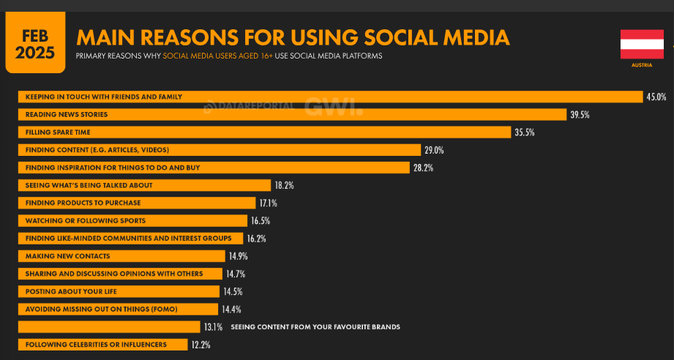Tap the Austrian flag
(641, 44)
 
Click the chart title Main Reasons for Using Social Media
(293, 37)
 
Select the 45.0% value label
(656, 97)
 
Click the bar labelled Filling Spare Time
(263, 132)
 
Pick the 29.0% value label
(434, 150)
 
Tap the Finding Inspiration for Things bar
(213, 168)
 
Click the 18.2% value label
(284, 185)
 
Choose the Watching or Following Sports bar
(132, 220)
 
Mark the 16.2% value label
(256, 239)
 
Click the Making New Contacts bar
(121, 256)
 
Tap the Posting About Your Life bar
(118, 291)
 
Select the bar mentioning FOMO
(117, 309)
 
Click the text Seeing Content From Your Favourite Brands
(315, 326)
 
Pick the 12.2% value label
(201, 344)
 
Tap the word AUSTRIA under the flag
(641, 65)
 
